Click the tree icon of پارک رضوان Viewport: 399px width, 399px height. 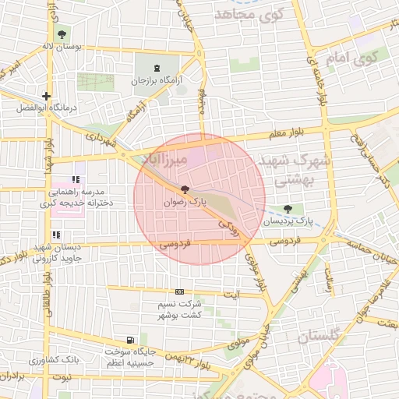185,190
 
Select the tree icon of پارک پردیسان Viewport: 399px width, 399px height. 289,209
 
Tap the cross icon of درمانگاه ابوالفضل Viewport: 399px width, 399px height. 47,97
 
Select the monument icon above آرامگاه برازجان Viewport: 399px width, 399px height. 159,68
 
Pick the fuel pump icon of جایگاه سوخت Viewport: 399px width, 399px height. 129,340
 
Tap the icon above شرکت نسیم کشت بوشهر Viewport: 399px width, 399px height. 179,291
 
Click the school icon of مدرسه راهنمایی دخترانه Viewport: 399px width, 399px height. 76,180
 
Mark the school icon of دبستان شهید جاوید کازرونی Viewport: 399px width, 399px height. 55,235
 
